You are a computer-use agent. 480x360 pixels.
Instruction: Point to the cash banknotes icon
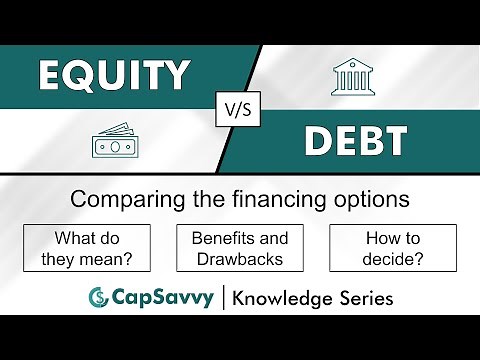coord(115,142)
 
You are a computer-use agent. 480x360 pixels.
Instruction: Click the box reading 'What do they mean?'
coord(87,249)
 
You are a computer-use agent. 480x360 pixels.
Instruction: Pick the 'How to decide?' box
coord(392,249)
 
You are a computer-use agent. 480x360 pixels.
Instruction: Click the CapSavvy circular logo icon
coord(98,297)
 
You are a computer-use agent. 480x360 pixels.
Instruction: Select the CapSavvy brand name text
coord(159,297)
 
